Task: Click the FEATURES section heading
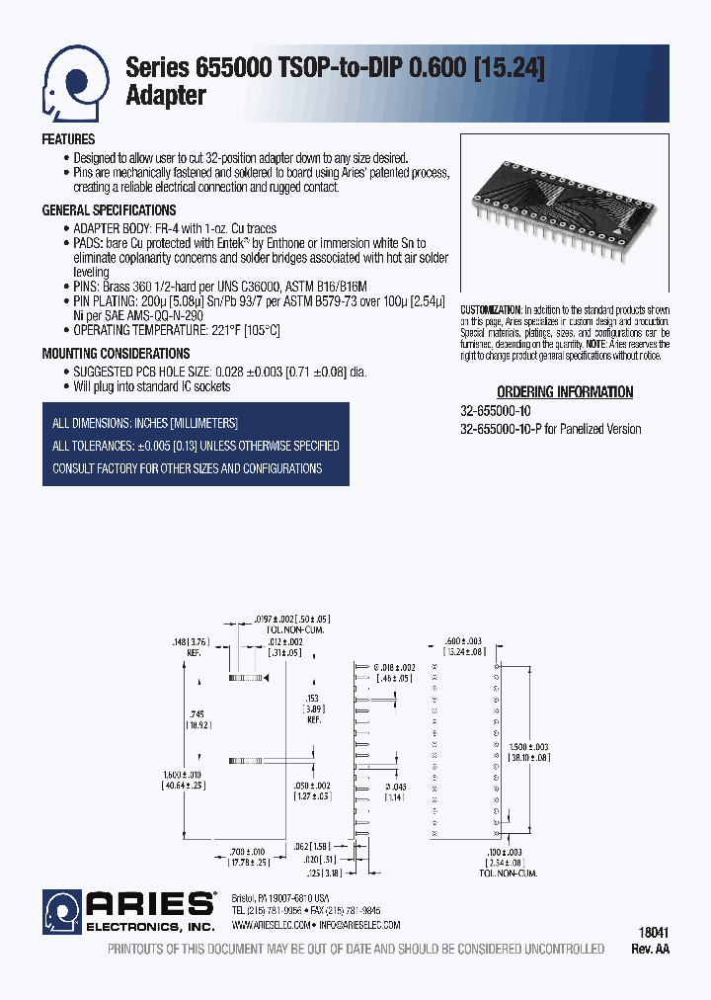click(68, 139)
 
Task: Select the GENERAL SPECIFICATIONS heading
click(109, 210)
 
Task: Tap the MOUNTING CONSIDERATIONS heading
click(116, 353)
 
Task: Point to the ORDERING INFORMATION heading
click(565, 392)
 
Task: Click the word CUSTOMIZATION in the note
click(492, 310)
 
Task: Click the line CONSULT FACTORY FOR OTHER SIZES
click(188, 468)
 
